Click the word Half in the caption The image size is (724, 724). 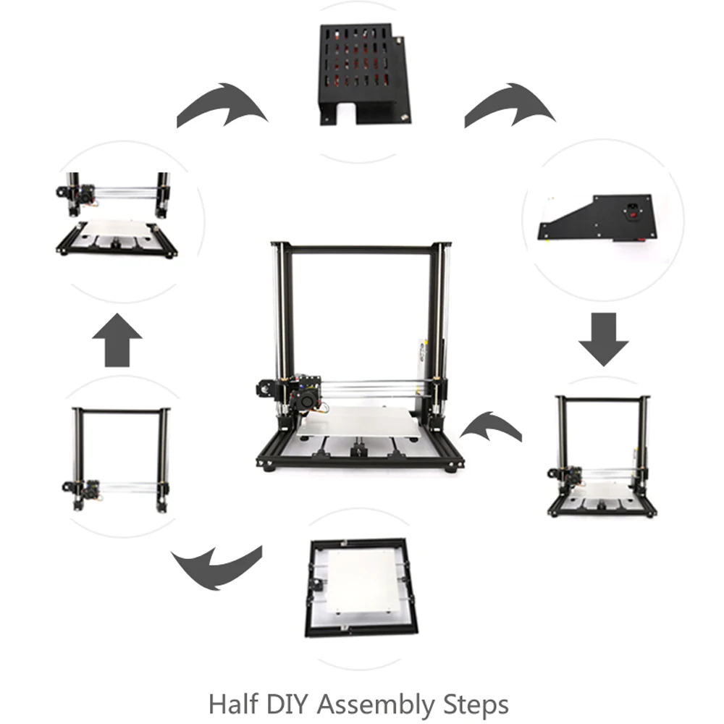coord(232,703)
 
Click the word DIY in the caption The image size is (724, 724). coord(287,703)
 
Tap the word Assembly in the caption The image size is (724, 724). coord(376,703)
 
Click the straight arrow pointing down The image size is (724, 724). coord(603,338)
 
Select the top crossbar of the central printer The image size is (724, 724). coord(360,249)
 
